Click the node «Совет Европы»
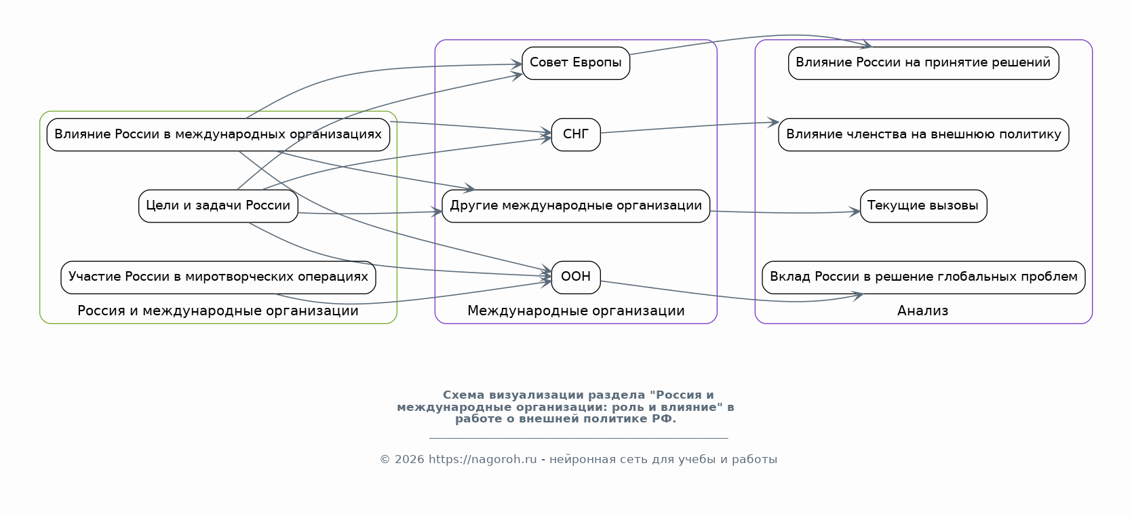point(576,63)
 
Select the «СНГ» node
point(576,134)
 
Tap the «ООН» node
point(576,277)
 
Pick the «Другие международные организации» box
point(576,205)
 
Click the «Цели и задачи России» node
point(218,205)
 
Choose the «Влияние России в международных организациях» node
point(218,134)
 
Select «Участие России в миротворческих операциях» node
point(218,277)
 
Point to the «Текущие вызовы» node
point(923,205)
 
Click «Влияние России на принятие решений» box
point(923,63)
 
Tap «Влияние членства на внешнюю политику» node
point(923,134)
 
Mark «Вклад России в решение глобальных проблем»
point(923,277)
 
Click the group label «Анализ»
point(922,311)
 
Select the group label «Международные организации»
point(576,311)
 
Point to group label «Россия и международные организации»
point(218,311)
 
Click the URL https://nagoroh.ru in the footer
point(482,460)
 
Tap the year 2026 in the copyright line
point(410,460)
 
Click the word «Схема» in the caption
point(464,395)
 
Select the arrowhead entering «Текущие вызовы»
point(855,212)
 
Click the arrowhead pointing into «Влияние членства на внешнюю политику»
point(773,123)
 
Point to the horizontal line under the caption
point(579,438)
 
